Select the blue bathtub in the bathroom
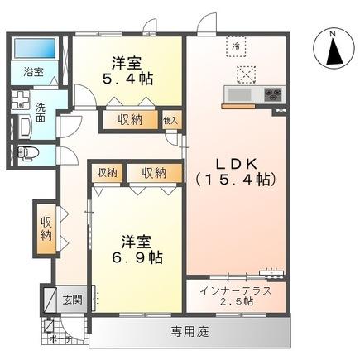pyautogui.click(x=37, y=49)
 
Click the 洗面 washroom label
pyautogui.click(x=41, y=113)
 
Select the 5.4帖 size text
pyautogui.click(x=128, y=79)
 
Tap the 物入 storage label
pyautogui.click(x=170, y=120)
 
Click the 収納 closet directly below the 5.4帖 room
pyautogui.click(x=129, y=119)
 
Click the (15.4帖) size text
pyautogui.click(x=237, y=177)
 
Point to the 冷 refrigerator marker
pyautogui.click(x=235, y=46)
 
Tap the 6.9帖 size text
pyautogui.click(x=137, y=257)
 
